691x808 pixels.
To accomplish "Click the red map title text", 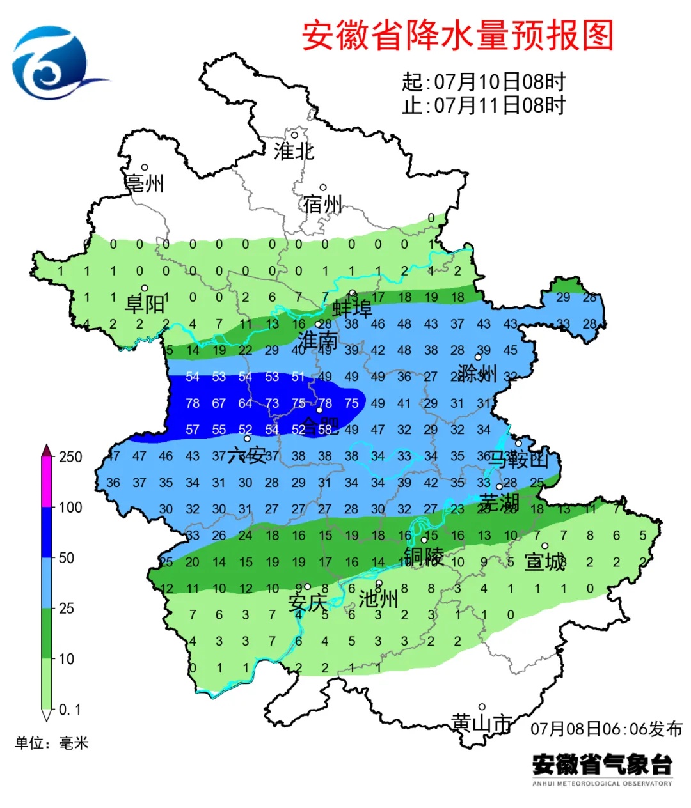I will pos(457,35).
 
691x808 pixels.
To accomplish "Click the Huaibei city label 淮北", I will pos(294,151).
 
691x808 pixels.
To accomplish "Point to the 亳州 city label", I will pos(144,183).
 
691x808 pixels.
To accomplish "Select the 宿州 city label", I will pos(322,205).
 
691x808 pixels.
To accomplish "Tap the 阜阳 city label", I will pos(145,304).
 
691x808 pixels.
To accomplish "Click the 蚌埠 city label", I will pos(352,309).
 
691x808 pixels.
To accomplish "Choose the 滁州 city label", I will pos(477,373).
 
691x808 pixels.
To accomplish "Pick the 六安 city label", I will pos(246,455).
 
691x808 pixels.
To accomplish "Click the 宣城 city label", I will pos(545,562).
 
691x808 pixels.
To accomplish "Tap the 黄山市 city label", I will pos(481,724).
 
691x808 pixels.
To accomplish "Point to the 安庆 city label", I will pos(307,602).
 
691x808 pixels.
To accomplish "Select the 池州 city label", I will pos(378,599).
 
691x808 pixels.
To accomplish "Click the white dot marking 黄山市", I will pos(482,707).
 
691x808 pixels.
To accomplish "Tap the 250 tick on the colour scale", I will pos(70,457).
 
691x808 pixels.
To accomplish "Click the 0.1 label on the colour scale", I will pos(70,710).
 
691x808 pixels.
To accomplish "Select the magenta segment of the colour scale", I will pos(47,483).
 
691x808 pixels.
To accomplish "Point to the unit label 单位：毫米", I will pos(52,743).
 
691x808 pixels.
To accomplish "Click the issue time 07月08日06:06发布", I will pos(607,729).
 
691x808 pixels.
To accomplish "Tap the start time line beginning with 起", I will pos(484,82).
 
